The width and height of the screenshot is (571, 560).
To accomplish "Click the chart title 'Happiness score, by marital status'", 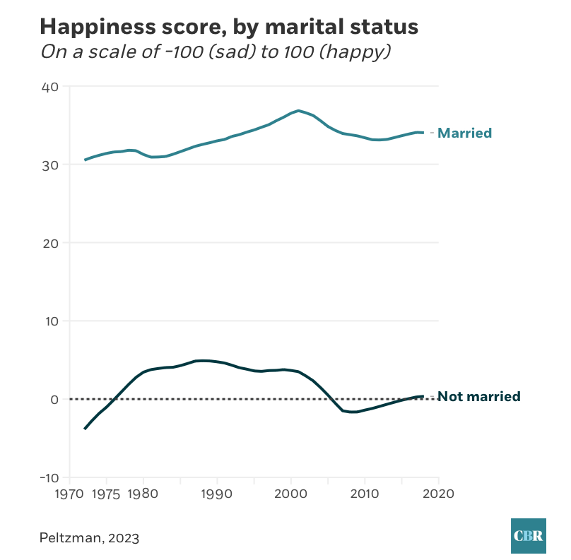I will (229, 27).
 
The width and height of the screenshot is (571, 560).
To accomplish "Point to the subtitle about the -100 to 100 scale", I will (216, 52).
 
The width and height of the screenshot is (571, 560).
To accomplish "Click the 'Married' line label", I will (465, 133).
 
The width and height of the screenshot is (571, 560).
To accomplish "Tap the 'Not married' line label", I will (479, 396).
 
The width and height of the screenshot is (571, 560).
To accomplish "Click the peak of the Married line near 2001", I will (298, 111).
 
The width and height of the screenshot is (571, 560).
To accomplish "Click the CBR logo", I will (528, 535).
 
